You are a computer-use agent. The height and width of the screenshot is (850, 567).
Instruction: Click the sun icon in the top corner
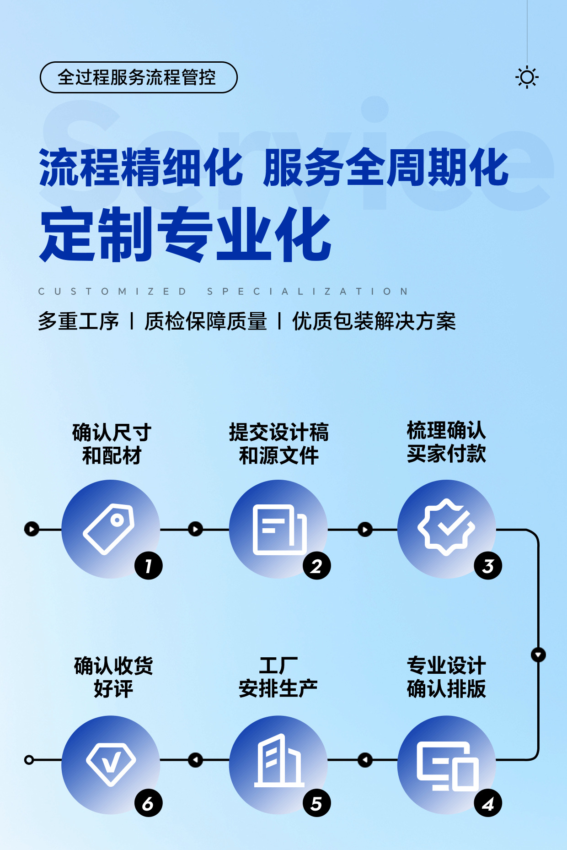point(527,77)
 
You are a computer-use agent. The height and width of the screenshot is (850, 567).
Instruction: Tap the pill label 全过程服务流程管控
point(139,77)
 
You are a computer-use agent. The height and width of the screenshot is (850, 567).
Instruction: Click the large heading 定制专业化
point(185,234)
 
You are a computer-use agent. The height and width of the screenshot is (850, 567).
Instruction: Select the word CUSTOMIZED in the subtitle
point(112,292)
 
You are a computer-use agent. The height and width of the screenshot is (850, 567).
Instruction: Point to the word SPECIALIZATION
point(308,292)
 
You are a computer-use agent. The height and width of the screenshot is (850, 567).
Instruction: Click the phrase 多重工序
point(78,321)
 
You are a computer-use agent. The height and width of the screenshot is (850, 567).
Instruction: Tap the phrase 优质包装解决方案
point(374,321)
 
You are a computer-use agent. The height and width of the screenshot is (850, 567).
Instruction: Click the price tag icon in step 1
point(109,529)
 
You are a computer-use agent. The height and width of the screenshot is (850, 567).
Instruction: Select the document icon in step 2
point(279,529)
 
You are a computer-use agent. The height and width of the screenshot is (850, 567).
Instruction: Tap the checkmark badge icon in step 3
point(446,527)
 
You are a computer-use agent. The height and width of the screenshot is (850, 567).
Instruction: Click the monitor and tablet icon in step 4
point(447,766)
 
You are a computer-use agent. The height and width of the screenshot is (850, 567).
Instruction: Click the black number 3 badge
point(488,566)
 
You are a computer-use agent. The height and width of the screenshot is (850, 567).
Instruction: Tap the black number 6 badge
point(148,803)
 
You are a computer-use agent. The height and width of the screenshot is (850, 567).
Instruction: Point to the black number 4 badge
point(488,803)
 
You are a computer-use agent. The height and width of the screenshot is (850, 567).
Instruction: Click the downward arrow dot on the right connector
point(538,655)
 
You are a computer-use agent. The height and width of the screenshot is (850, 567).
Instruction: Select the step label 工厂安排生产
point(278,677)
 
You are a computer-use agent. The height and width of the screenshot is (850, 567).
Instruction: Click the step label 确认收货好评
point(113,677)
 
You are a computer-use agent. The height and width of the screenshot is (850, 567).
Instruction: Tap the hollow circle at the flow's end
point(29,760)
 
